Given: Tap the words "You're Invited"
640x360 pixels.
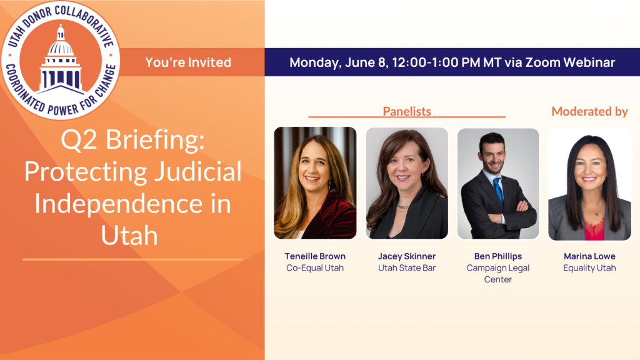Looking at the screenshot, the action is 188,62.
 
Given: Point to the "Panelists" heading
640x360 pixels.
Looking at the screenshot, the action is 407,111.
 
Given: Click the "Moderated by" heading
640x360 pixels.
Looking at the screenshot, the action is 589,111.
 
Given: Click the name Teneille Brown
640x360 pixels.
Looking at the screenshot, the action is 315,256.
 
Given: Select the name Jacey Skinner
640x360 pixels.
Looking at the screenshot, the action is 407,256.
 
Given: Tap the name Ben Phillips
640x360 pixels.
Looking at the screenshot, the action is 498,256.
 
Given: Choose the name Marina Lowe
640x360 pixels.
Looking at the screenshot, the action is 589,256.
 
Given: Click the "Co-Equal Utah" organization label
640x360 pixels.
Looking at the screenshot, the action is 315,268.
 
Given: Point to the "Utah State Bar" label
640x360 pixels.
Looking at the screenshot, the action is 407,268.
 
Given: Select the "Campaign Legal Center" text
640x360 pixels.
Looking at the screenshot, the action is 498,274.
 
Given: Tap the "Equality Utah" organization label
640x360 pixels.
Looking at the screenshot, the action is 589,268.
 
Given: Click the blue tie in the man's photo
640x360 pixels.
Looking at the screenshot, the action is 498,190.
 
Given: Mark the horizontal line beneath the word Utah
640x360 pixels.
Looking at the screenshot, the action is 132,259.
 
